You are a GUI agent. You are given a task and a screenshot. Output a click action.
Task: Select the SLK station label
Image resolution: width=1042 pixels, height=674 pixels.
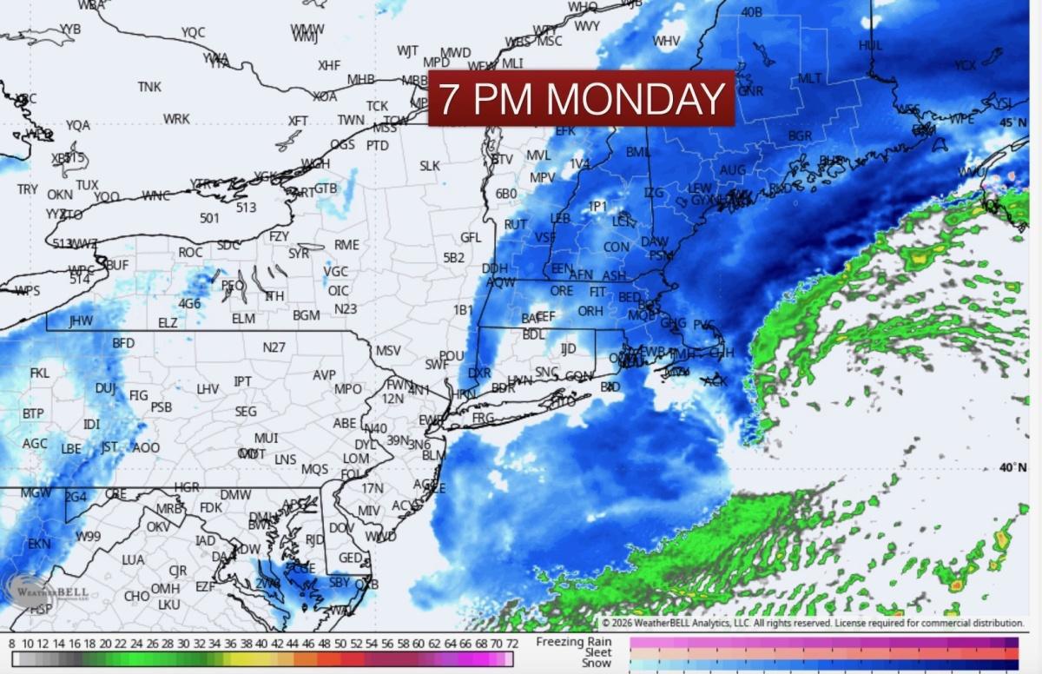(430, 166)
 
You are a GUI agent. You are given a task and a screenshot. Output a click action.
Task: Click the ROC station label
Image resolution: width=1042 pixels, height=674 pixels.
(190, 252)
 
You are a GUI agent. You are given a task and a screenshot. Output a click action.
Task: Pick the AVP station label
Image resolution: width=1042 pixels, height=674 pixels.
(324, 375)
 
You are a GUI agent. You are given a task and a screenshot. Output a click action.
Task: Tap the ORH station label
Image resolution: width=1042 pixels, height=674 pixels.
(590, 311)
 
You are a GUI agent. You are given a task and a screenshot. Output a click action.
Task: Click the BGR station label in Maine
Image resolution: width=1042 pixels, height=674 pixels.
(800, 136)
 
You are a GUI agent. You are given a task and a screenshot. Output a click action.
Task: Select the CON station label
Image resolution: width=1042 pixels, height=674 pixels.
(617, 248)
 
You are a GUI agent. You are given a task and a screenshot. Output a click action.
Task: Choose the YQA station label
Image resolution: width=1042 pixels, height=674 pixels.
(77, 125)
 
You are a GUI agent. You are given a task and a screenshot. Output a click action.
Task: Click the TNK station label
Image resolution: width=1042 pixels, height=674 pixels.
(149, 87)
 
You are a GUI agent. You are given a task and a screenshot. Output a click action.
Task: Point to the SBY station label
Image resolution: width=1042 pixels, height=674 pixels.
(340, 582)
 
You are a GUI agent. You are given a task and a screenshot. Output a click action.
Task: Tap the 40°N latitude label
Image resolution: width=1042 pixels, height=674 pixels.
(1012, 467)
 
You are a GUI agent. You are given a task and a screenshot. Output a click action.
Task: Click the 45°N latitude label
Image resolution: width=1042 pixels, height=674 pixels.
(1012, 122)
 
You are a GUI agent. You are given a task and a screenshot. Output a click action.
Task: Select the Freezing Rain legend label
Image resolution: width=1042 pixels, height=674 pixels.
(574, 642)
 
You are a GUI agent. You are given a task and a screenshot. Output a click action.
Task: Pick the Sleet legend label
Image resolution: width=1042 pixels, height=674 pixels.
(597, 652)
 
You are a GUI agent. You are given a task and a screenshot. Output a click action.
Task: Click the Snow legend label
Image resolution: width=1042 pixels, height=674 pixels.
(597, 663)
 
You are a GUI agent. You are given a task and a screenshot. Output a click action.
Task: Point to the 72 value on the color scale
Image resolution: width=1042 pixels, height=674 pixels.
(512, 644)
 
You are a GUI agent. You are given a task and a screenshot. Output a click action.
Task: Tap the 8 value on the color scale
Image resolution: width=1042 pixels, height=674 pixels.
(11, 644)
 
